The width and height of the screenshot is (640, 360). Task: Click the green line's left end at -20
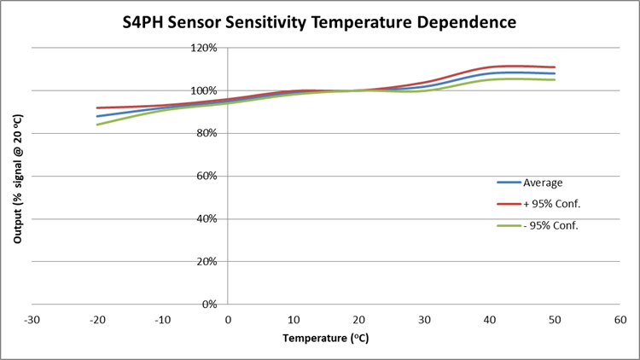click(x=97, y=125)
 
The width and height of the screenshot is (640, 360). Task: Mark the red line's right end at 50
click(x=556, y=67)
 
